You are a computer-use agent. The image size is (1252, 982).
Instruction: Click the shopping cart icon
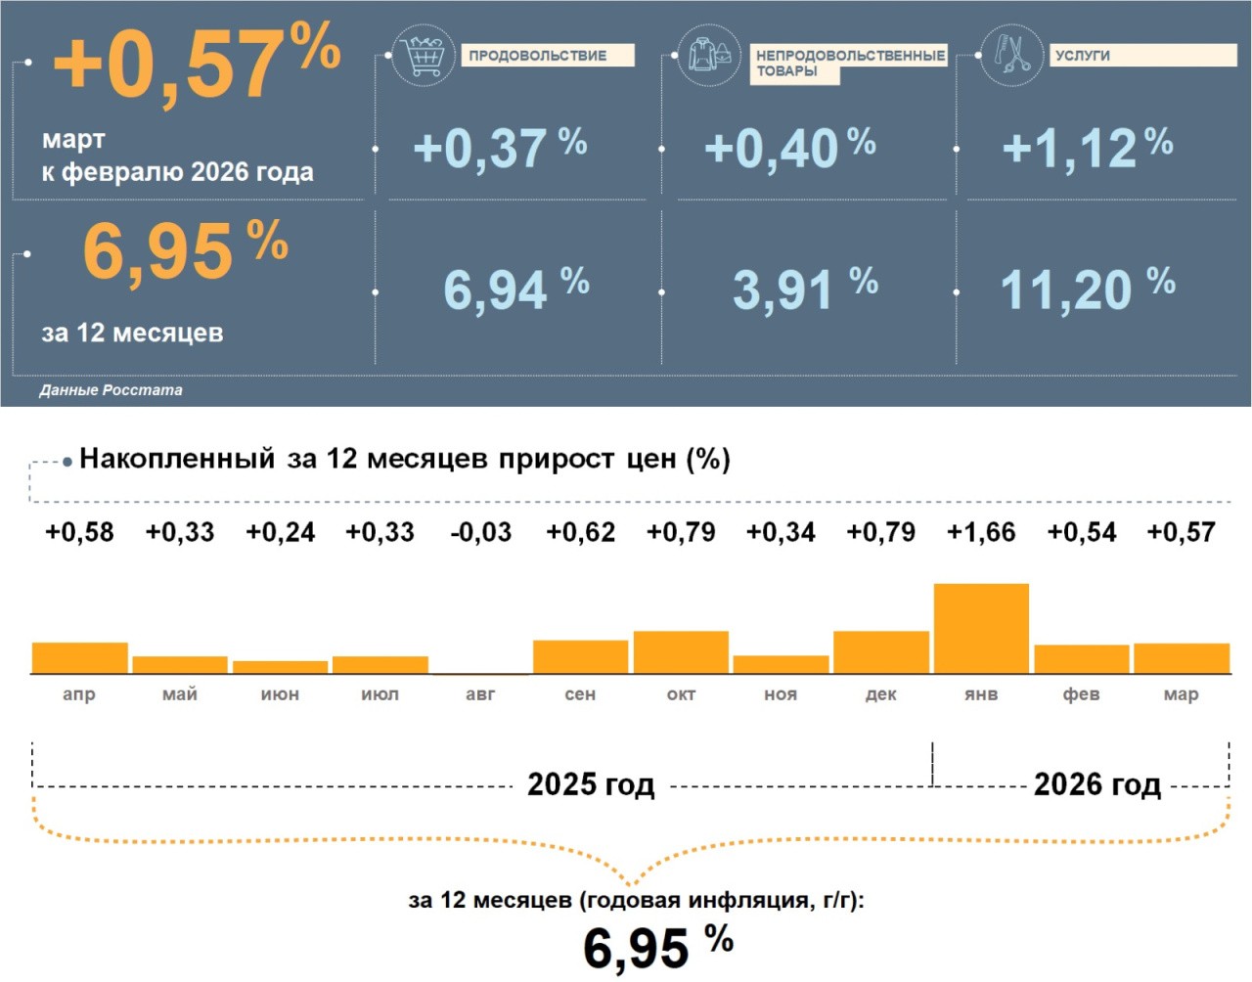[x=423, y=56]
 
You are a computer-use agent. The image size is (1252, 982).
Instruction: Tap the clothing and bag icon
[x=709, y=56]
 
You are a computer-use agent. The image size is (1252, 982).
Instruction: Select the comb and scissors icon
[x=1012, y=55]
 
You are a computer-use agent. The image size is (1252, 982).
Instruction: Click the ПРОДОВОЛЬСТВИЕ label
[x=537, y=56]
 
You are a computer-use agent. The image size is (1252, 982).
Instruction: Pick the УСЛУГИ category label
[x=1083, y=56]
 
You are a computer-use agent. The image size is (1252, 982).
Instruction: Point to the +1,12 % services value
[x=1087, y=148]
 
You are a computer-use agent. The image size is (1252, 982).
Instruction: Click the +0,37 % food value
[x=499, y=148]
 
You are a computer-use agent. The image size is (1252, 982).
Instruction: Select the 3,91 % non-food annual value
[x=804, y=289]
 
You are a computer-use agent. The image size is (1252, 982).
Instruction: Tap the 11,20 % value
[x=1086, y=289]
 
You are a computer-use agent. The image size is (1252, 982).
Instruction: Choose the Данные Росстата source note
[x=111, y=390]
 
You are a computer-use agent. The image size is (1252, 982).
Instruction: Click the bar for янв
[x=981, y=628]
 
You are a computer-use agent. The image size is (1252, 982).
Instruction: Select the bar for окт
[x=681, y=652]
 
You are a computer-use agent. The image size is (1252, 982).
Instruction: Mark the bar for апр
[x=80, y=658]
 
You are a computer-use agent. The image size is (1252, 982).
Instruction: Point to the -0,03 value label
[x=480, y=532]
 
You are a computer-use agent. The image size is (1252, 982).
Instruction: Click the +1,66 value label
[x=981, y=532]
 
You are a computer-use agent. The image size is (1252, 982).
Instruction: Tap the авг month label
[x=480, y=694]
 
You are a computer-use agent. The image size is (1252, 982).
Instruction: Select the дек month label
[x=881, y=694]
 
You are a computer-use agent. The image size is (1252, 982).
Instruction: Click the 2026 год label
[x=1096, y=784]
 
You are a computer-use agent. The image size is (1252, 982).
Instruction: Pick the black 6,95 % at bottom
[x=656, y=947]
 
